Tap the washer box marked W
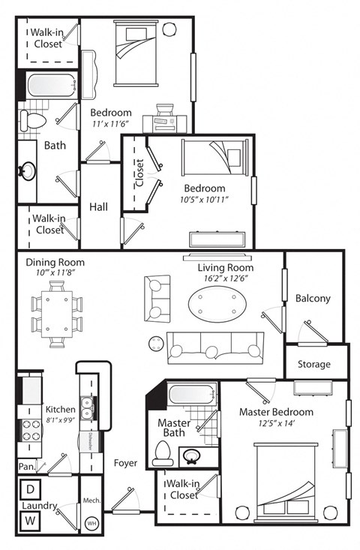tap(31, 520)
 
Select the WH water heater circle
tap(93, 524)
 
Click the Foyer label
tap(125, 463)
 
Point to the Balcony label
tap(313, 298)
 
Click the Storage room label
tap(314, 364)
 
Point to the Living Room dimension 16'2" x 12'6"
tap(225, 279)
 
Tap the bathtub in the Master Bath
tap(192, 395)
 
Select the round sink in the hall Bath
tap(28, 170)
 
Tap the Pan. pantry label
tap(26, 466)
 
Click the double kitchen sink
tap(88, 407)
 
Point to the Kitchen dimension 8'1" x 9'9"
tap(61, 421)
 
